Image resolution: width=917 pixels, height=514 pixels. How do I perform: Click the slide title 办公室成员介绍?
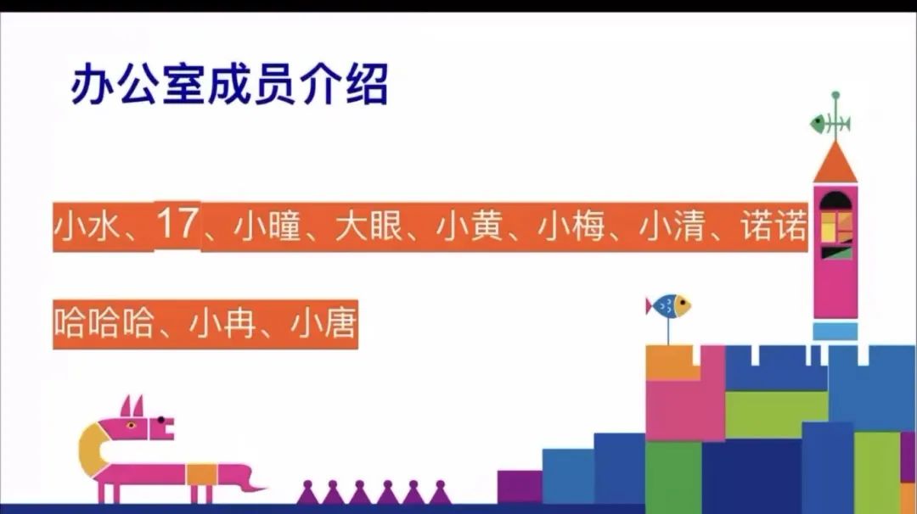pyautogui.click(x=229, y=84)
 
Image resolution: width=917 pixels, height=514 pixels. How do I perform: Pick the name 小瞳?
pyautogui.click(x=267, y=226)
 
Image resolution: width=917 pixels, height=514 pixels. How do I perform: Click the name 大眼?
pyautogui.click(x=369, y=226)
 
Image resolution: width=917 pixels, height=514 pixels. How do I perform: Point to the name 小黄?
pyautogui.click(x=470, y=226)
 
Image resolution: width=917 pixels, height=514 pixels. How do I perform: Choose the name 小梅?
pyautogui.click(x=571, y=226)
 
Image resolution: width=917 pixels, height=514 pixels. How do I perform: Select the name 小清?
pyautogui.click(x=672, y=226)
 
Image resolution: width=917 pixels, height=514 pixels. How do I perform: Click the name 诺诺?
pyautogui.click(x=774, y=226)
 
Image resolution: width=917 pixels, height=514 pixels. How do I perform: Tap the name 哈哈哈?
pyautogui.click(x=104, y=324)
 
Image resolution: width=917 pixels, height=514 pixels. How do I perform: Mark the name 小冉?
pyautogui.click(x=222, y=324)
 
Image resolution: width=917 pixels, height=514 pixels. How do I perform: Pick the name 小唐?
pyautogui.click(x=323, y=324)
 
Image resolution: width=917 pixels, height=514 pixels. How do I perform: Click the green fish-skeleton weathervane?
pyautogui.click(x=830, y=123)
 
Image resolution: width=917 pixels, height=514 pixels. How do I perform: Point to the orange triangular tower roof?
pyautogui.click(x=835, y=165)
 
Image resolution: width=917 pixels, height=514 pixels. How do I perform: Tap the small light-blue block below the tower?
pyautogui.click(x=835, y=331)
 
